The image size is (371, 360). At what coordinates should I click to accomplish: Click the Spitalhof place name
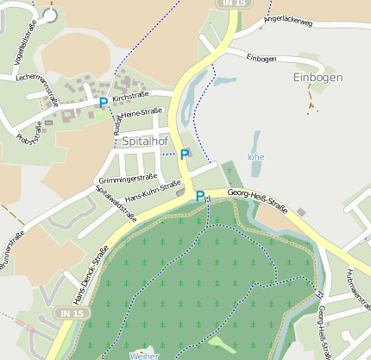pyautogui.click(x=145, y=140)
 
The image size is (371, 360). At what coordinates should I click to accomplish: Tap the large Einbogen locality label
pyautogui.click(x=318, y=77)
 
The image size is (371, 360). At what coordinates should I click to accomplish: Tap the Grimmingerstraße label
pyautogui.click(x=127, y=178)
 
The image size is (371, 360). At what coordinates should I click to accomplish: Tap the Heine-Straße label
pyautogui.click(x=142, y=112)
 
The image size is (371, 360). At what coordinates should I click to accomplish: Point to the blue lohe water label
pyautogui.click(x=255, y=157)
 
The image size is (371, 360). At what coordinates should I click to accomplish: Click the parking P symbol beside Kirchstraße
pyautogui.click(x=104, y=103)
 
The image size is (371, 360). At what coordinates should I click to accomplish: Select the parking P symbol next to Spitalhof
pyautogui.click(x=184, y=155)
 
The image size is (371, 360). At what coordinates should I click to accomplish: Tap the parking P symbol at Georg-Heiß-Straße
pyautogui.click(x=200, y=196)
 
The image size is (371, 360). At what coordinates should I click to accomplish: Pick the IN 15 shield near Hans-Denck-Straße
pyautogui.click(x=68, y=312)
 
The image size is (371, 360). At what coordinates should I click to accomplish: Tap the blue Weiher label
pyautogui.click(x=144, y=355)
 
